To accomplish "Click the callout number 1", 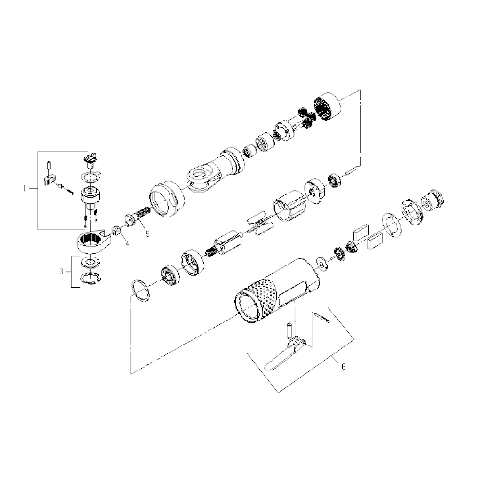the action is point(24,188).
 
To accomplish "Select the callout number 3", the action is point(62,272).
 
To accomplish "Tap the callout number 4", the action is point(127,243).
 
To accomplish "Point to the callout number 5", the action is point(148,233).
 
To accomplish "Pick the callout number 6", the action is point(343,366).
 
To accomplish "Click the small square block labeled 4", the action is point(116,230).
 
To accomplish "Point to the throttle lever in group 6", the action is point(283,353).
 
